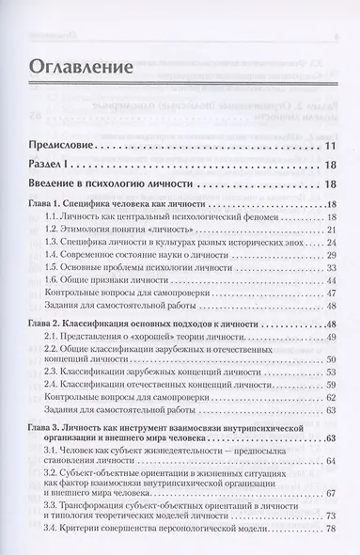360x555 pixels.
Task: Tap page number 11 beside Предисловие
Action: click(331, 148)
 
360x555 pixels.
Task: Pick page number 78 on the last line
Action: click(331, 543)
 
